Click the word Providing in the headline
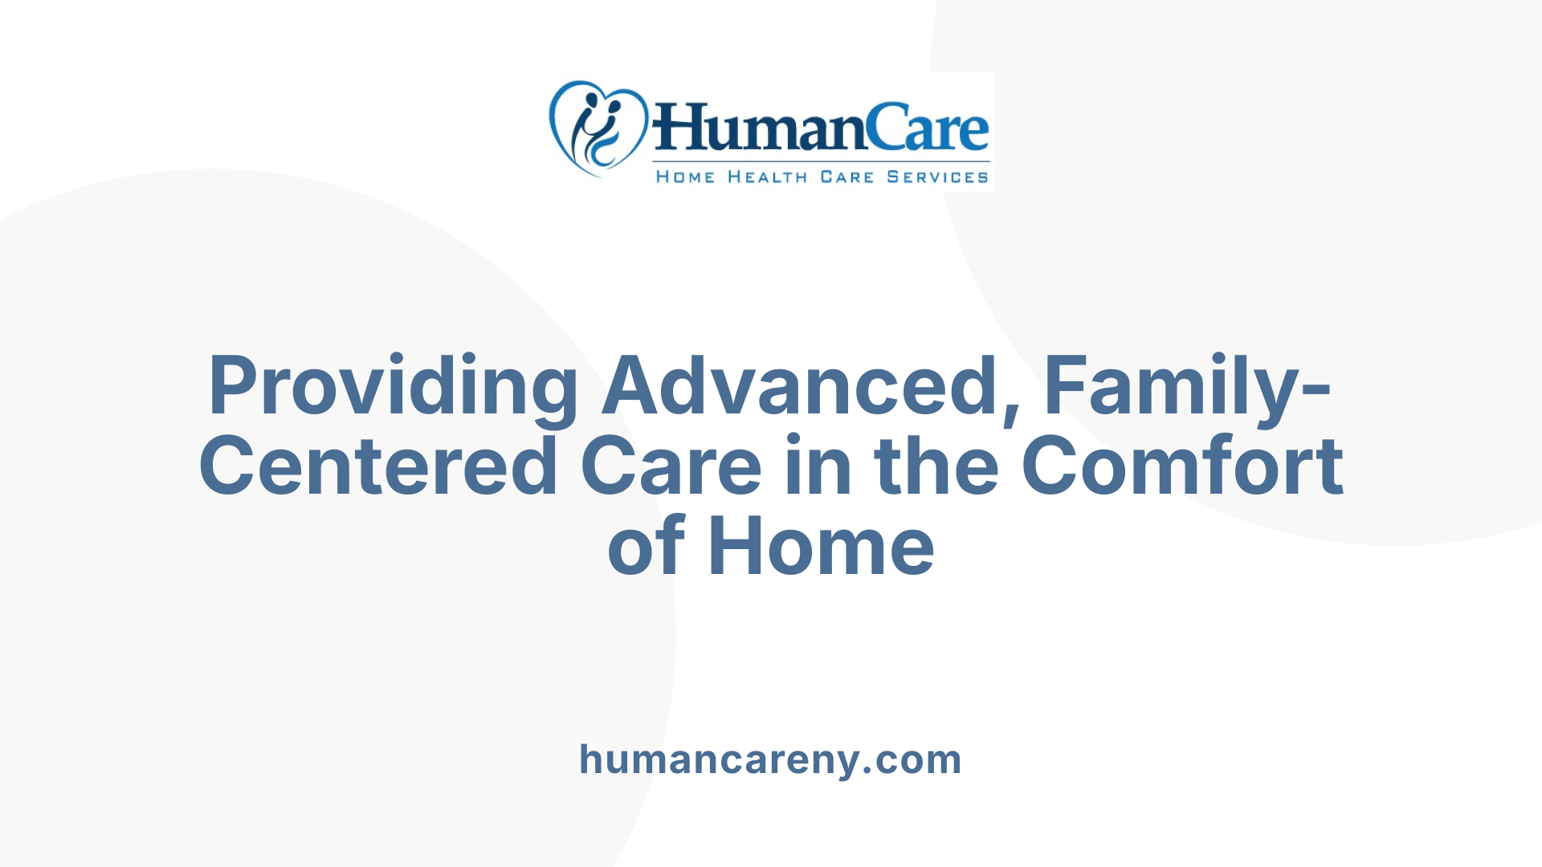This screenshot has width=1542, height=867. coord(393,386)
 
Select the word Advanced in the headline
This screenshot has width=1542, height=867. coord(800,386)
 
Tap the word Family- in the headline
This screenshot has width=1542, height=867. coord(1177,386)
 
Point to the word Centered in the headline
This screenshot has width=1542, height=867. coord(378,466)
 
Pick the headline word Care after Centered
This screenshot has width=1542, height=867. coord(671,466)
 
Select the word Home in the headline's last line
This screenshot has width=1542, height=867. coord(821,547)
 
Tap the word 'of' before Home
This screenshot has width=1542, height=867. coord(647,547)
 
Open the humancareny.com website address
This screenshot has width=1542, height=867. coord(770,759)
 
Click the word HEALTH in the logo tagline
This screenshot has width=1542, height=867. coord(767,177)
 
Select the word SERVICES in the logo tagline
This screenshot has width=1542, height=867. coord(937,177)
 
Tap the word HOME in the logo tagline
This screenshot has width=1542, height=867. coord(685,177)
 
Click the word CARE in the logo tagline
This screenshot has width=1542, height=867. coord(846,177)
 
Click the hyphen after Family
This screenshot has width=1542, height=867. coord(1316,391)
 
